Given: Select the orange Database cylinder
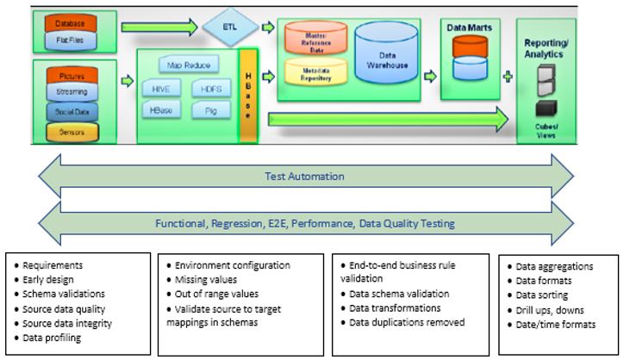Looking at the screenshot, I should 71,22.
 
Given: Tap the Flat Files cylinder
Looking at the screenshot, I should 71,40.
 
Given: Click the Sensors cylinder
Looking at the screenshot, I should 72,133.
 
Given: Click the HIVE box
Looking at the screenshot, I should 161,89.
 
